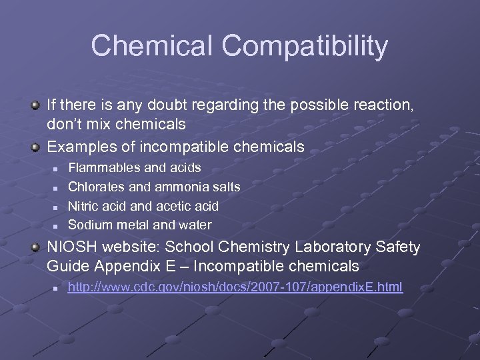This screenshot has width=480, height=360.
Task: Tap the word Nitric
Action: tap(84, 206)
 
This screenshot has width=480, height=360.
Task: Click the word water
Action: tap(195, 225)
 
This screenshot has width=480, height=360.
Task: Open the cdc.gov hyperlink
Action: tap(235, 287)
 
